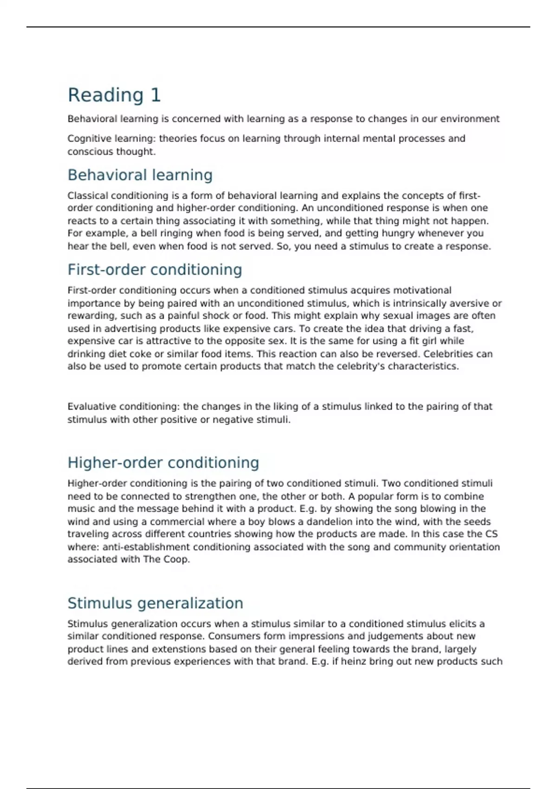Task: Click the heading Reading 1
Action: (x=114, y=95)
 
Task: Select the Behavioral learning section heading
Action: (x=140, y=175)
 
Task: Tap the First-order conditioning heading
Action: (x=155, y=270)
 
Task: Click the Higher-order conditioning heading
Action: (x=163, y=463)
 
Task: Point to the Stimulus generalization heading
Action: (x=155, y=603)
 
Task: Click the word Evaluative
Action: (x=92, y=407)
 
